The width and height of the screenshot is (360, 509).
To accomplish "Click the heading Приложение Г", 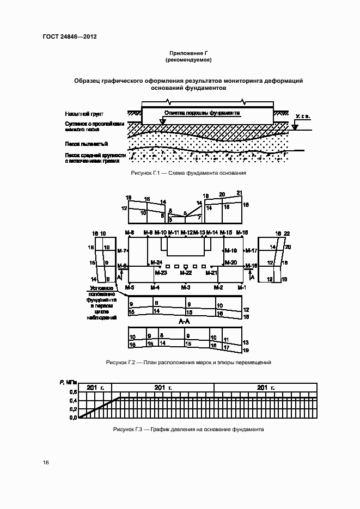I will point(188,52).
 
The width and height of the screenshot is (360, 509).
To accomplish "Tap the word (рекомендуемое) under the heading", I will point(188,59).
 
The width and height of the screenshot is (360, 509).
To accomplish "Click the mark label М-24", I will point(156,262).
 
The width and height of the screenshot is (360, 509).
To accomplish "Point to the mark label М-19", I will point(231,251).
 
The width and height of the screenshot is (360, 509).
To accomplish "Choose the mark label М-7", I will point(123,251).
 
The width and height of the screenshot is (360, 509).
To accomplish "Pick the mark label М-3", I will point(185,287).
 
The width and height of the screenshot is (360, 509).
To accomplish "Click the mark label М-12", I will point(186,233).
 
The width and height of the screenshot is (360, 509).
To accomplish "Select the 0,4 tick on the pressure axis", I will point(72,401).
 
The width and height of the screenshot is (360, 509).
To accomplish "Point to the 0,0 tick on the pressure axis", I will point(72,418).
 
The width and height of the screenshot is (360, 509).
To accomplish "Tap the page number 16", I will point(46,462).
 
